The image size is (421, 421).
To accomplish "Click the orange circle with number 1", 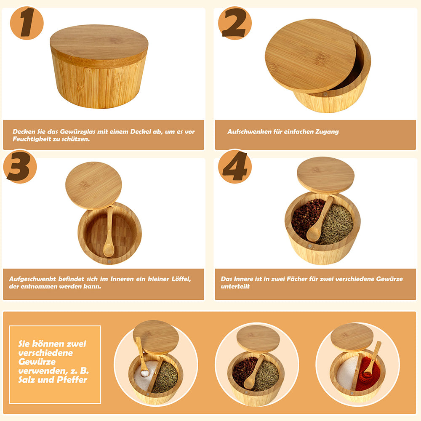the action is coord(27,23).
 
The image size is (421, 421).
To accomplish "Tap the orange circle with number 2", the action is coord(235,23).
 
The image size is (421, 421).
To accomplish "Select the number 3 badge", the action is coord(20,166).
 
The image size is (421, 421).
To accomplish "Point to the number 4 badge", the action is coord(235,166).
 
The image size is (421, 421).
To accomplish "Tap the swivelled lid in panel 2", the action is coord(310,56).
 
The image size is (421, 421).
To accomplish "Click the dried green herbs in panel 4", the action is coord(337,225).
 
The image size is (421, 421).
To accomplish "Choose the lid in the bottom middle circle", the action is coord(258,338).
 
